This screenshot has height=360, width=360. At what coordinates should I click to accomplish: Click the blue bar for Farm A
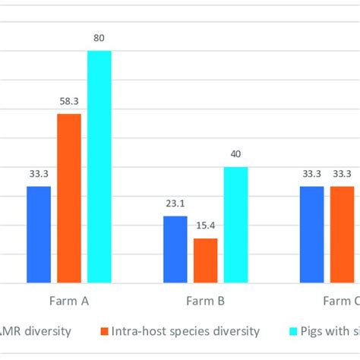tap(39, 235)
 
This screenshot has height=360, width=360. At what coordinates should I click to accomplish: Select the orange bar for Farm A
tap(69, 198)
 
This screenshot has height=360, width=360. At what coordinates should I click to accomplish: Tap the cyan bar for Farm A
tap(99, 167)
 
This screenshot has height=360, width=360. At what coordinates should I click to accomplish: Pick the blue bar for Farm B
tap(175, 250)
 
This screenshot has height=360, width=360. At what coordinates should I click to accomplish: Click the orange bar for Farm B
tap(205, 261)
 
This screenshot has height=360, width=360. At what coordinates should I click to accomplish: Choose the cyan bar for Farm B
tap(235, 225)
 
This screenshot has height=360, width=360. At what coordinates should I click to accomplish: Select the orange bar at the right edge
tap(342, 235)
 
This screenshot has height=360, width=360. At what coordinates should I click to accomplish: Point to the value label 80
tap(99, 36)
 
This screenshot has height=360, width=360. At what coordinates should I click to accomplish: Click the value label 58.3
tap(69, 99)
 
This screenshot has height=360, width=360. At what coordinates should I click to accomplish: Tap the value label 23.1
tap(175, 202)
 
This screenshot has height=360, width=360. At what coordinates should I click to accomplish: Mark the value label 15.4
tap(205, 224)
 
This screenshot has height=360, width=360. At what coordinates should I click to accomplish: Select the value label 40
tap(235, 153)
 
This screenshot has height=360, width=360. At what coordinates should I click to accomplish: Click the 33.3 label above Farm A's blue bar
tap(39, 172)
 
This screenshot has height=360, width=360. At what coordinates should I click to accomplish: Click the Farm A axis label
tap(69, 301)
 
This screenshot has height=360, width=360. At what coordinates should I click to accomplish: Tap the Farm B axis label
tap(205, 301)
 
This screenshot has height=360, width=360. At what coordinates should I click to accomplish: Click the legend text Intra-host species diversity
tap(185, 331)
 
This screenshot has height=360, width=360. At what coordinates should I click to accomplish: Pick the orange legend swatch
tap(103, 331)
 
